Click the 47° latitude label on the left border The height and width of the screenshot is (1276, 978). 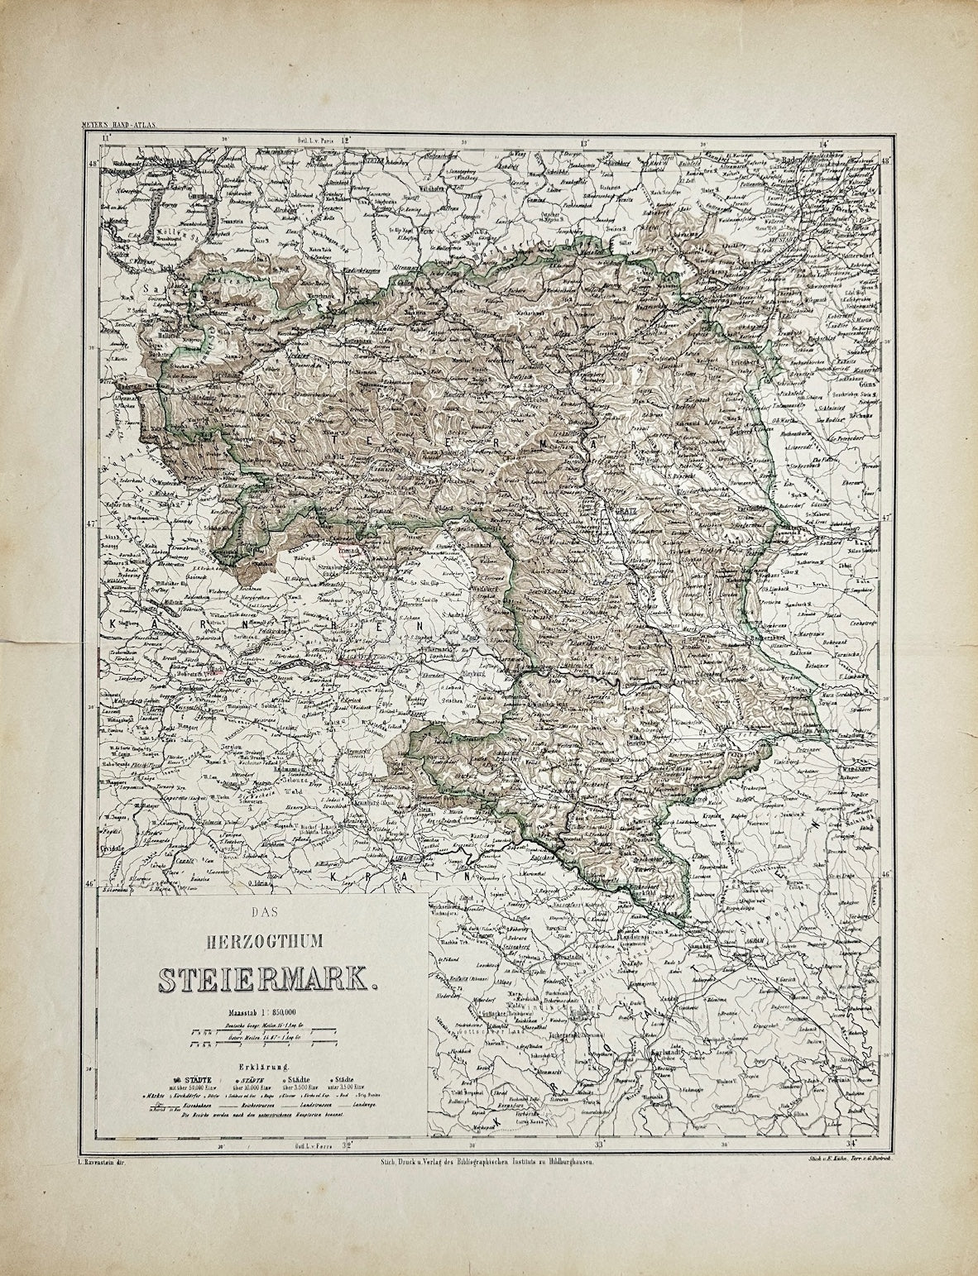pos(91,523)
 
